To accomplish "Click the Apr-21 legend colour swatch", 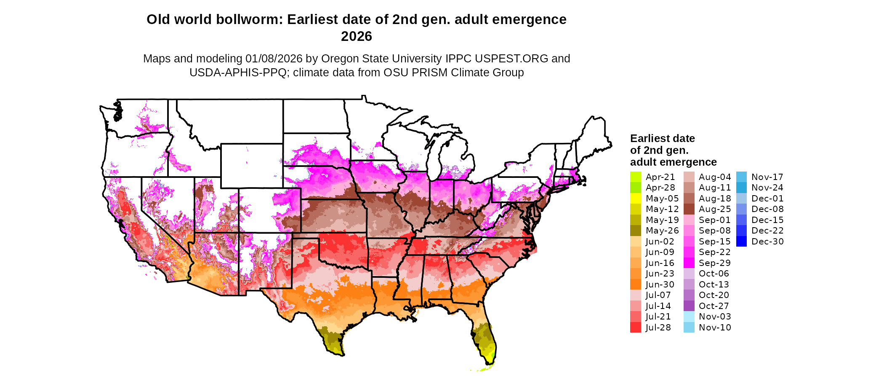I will point(635,177).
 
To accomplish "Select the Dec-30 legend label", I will point(767,242).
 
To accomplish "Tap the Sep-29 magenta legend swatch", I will point(689,263).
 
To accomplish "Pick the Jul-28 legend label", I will point(658,328).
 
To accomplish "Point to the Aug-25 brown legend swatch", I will point(689,209).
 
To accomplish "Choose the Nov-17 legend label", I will point(767,177).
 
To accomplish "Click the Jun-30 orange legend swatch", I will point(635,285).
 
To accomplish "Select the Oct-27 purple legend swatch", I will point(689,306).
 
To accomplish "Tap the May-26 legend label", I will point(662,231).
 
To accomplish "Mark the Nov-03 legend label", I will point(715,317).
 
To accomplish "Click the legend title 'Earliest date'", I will point(662,139).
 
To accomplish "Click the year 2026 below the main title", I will point(356,37).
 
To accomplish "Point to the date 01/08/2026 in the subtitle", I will point(274,59).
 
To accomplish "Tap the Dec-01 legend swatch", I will point(741,199).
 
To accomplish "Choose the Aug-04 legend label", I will point(715,177).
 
